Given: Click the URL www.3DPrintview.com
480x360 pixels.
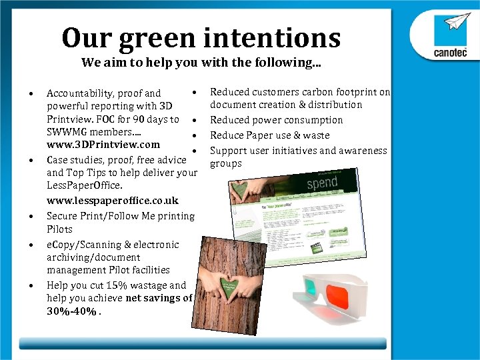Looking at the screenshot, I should [103, 145].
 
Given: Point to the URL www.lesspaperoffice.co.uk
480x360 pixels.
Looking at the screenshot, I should [113, 201].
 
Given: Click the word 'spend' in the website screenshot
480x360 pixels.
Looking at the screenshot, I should [321, 183].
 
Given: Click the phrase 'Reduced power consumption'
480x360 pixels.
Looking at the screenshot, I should [277, 120].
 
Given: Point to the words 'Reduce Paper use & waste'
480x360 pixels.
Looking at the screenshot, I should [270, 135].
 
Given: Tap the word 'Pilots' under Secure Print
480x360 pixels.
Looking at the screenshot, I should [61, 229].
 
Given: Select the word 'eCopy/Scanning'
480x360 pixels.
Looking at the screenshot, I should [84, 245].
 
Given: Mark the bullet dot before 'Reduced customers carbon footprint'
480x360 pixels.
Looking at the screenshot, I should [192, 92].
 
